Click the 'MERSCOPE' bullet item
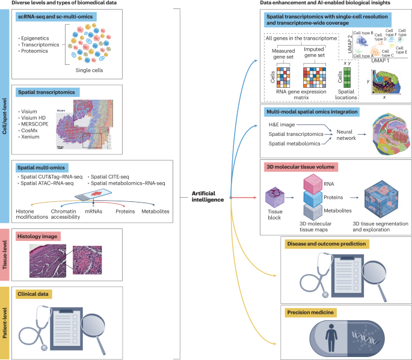coord(34,123)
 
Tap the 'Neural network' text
coord(343,133)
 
